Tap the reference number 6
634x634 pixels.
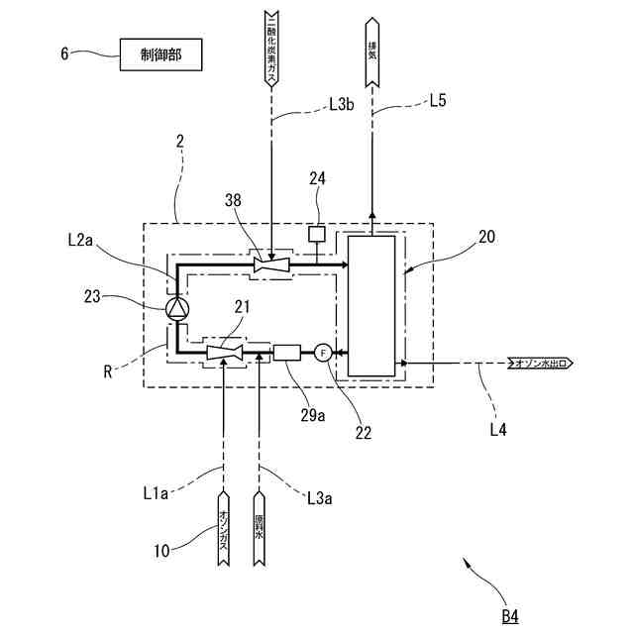[64, 55]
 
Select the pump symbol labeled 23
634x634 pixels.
[177, 309]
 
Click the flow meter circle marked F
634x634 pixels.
[323, 352]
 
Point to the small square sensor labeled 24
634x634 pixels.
[317, 235]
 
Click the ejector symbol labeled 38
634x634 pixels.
[271, 264]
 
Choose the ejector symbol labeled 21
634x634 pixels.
[225, 352]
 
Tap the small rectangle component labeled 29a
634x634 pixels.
[286, 352]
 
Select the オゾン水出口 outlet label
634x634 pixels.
[539, 364]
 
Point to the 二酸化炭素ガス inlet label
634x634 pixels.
[271, 46]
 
